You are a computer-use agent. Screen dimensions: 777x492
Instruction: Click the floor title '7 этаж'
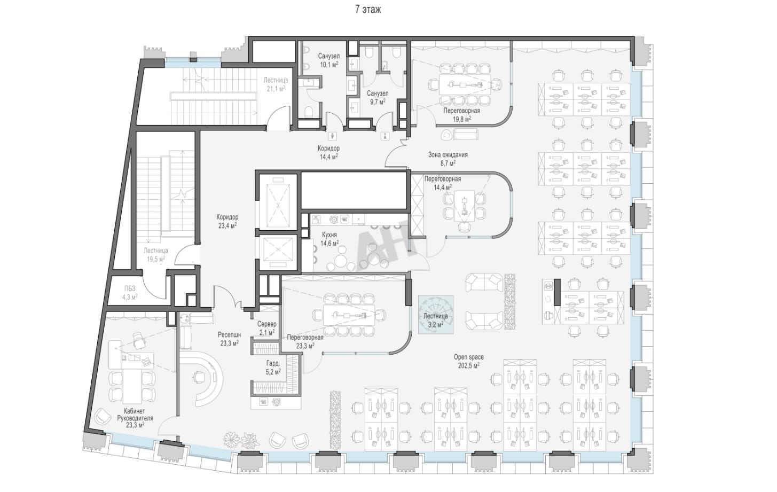coord(368,10)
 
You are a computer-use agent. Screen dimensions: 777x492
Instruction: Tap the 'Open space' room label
coord(469,357)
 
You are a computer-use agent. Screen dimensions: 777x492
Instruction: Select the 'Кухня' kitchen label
coord(329,235)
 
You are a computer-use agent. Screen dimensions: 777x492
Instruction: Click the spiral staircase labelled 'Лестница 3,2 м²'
coord(435,314)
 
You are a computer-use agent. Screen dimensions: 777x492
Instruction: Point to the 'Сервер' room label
coord(267,324)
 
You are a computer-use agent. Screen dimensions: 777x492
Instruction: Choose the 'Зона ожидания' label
coord(448,155)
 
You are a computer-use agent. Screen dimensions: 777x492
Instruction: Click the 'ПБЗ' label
coord(130,288)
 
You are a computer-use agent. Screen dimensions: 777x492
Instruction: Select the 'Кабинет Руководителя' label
coord(135,415)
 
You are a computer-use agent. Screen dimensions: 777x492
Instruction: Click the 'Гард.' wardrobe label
coord(273,364)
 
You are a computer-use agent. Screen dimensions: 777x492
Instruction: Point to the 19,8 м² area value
coord(462,119)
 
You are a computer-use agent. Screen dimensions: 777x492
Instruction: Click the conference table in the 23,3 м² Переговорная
coord(349,315)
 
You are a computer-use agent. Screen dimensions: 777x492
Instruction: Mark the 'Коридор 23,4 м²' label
coord(227,221)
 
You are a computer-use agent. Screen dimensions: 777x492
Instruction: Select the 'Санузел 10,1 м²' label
coord(329,60)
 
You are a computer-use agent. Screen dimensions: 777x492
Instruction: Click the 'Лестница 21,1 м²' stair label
coord(276,84)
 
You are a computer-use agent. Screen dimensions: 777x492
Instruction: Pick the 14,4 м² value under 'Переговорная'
coord(443,188)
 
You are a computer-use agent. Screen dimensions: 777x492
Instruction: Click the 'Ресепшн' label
coord(229,335)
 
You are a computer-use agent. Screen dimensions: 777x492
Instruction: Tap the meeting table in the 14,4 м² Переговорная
coord(464,206)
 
